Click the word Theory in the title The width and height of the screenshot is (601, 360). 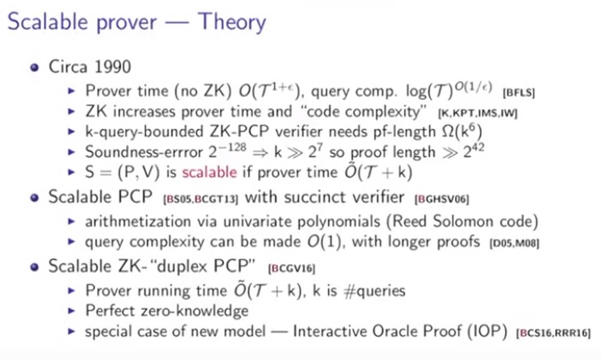[x=232, y=22]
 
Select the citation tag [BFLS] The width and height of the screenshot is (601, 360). [x=519, y=92]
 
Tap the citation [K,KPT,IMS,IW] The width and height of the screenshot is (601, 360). [x=478, y=113]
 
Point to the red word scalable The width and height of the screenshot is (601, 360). [x=209, y=172]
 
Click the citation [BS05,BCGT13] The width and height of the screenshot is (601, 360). [x=201, y=199]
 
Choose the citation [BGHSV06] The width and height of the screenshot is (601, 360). [x=441, y=199]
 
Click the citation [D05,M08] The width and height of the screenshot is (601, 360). [x=515, y=243]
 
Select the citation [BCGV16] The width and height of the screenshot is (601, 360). [x=292, y=268]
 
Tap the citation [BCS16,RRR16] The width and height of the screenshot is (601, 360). [x=554, y=333]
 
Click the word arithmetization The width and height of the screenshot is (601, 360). [x=138, y=221]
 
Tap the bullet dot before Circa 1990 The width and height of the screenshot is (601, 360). [x=35, y=68]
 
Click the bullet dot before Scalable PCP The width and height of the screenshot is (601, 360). [x=35, y=197]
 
